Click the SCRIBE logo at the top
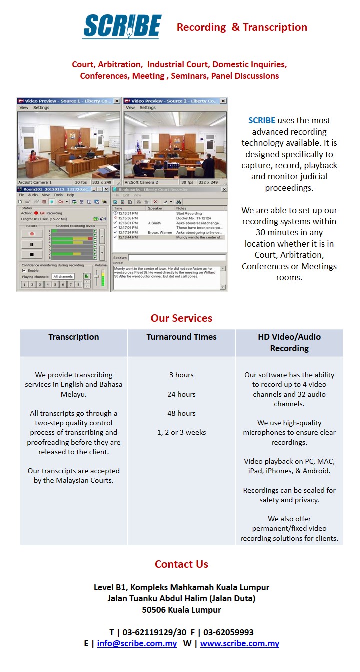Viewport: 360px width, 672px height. (x=122, y=26)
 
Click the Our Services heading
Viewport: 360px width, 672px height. (x=181, y=318)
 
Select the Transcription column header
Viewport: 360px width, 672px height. (x=74, y=337)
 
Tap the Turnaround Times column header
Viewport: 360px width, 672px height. (x=181, y=337)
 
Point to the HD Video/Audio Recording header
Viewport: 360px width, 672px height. (x=289, y=342)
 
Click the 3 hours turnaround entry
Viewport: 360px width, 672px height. (x=181, y=375)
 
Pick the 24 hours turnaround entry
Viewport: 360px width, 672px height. (x=181, y=394)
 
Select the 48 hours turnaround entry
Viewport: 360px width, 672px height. (x=181, y=413)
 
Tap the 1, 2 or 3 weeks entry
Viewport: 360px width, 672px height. (x=181, y=432)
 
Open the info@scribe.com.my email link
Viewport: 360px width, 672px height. (x=137, y=643)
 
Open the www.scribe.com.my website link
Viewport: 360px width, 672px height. (x=239, y=643)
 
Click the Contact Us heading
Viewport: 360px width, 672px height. (x=181, y=564)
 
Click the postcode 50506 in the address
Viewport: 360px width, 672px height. (x=154, y=610)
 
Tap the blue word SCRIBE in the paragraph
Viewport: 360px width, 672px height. (x=262, y=120)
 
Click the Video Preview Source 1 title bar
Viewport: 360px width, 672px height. (x=65, y=101)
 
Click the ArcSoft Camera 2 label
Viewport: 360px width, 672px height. (x=141, y=182)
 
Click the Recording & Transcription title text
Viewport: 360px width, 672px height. (x=242, y=27)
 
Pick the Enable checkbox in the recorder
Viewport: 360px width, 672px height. (x=24, y=270)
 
